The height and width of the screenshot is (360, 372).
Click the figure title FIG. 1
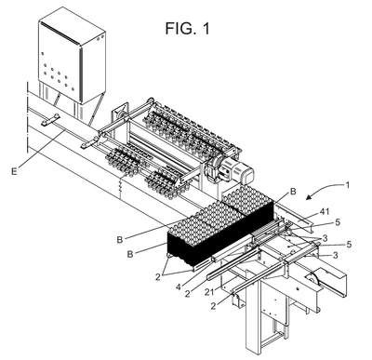click(187, 28)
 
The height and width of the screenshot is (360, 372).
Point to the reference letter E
click(14, 171)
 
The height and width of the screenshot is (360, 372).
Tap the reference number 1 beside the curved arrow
click(348, 185)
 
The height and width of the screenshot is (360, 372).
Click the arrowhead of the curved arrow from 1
click(309, 197)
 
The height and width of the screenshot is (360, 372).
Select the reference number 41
click(325, 212)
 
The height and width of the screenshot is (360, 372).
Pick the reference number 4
click(178, 287)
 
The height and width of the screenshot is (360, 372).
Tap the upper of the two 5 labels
click(338, 222)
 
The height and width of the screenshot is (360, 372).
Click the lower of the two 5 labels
click(349, 245)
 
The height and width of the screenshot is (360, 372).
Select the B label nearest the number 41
click(293, 192)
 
